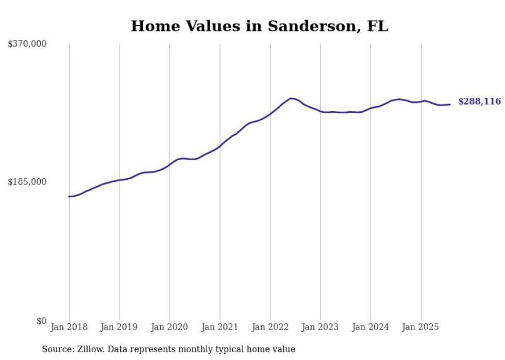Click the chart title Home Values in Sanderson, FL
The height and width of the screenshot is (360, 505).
[x=259, y=26]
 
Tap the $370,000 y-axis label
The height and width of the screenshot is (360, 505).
[x=27, y=44]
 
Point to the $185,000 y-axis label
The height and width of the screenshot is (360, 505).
[x=27, y=182]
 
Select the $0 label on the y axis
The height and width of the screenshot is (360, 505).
[x=41, y=321]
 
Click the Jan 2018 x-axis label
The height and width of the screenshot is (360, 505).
[x=69, y=327]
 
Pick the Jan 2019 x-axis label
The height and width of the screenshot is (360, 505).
[x=120, y=327]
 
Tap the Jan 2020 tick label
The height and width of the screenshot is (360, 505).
[x=170, y=327]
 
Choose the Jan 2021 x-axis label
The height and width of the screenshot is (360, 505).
[x=220, y=327]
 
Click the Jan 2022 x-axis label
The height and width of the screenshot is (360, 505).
[x=270, y=327]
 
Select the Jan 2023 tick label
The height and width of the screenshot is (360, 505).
[x=321, y=327]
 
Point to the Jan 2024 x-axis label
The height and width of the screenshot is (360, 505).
[x=371, y=327]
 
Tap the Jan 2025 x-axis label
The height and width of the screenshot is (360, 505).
[x=421, y=327]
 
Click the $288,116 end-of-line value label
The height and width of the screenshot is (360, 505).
[x=479, y=101]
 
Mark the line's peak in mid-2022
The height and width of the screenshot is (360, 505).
[x=291, y=98]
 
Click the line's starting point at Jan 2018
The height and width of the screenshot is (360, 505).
[x=69, y=196]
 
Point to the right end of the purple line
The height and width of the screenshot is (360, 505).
[x=450, y=105]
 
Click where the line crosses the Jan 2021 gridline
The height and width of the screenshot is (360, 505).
[x=220, y=146]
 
